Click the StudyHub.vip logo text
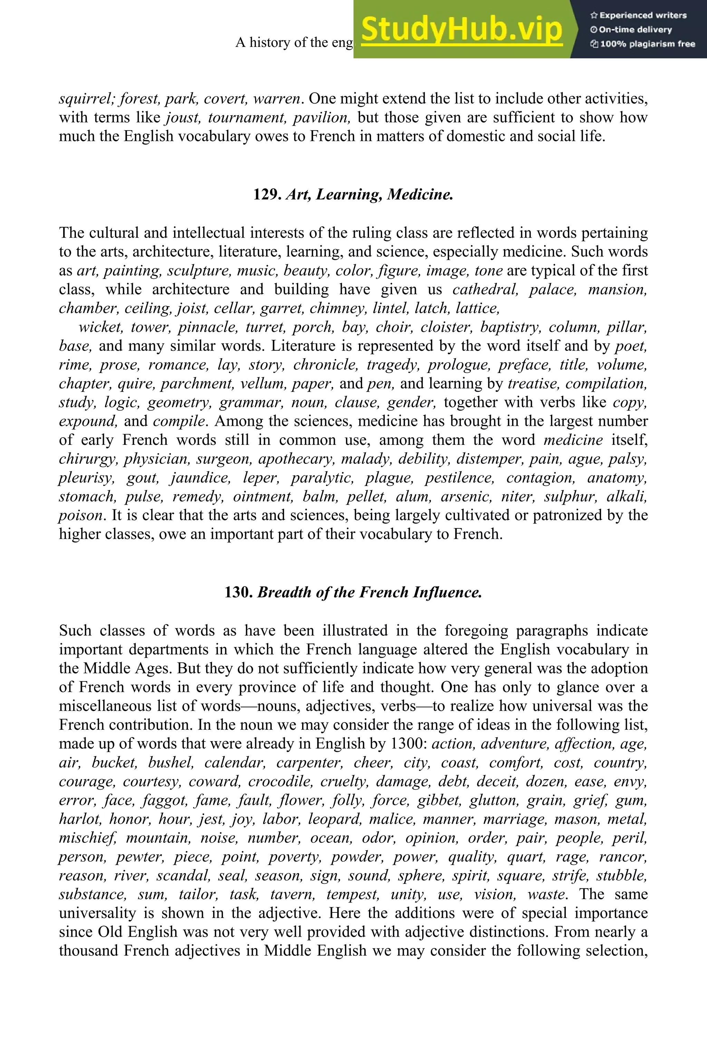click(462, 30)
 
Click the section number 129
click(268, 194)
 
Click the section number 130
click(239, 592)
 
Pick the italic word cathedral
click(485, 289)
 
